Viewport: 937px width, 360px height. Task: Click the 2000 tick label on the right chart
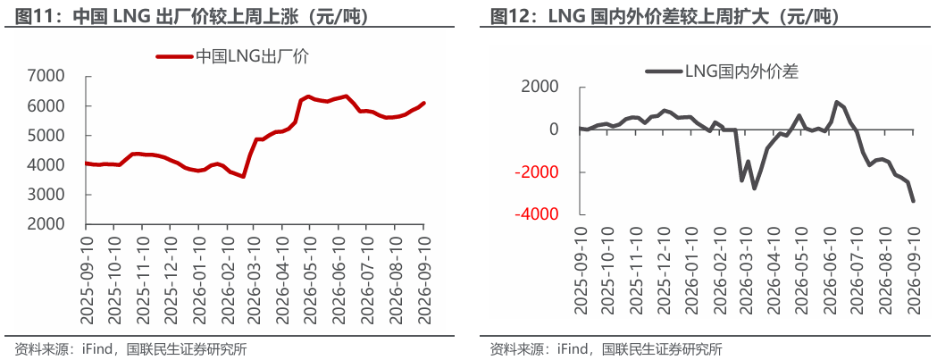540,88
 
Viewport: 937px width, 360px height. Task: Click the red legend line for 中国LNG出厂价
174,56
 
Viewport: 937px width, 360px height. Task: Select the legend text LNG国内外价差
741,71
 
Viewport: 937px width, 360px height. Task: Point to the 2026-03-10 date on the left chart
254,276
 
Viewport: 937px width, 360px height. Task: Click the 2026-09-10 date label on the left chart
423,276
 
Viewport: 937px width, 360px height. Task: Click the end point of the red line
423,103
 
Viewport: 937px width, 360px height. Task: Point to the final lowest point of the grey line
913,202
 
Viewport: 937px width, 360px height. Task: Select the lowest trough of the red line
243,176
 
